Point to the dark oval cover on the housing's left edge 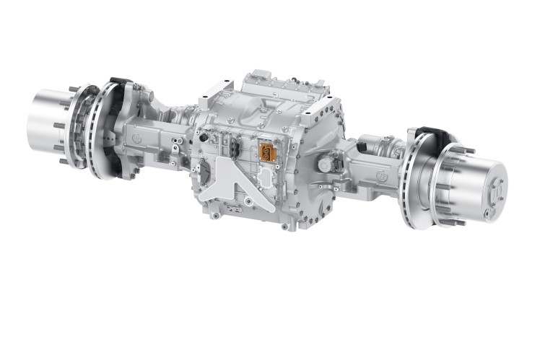[204, 173]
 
